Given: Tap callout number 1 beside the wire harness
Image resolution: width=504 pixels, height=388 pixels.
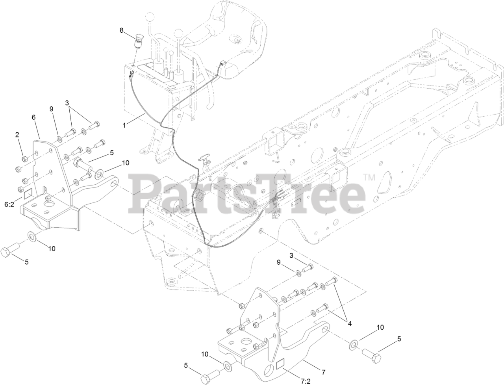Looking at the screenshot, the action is (124, 125).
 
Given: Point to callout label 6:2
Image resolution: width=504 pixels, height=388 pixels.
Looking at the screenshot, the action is (9, 204).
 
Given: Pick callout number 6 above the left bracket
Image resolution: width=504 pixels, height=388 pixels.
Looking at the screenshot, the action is (33, 117).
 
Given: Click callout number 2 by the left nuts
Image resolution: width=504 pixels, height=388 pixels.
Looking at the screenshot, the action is (17, 135).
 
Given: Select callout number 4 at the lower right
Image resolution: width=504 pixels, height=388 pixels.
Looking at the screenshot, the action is (348, 324).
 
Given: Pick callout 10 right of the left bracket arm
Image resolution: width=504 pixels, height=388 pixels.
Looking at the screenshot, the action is (126, 162).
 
